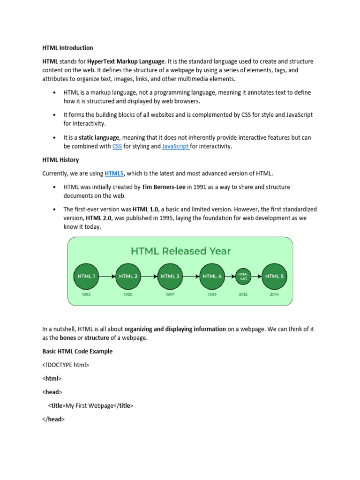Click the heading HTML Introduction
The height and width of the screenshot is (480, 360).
click(x=67, y=48)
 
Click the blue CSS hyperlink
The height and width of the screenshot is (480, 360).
click(x=117, y=147)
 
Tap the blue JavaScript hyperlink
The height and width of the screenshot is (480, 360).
click(x=175, y=147)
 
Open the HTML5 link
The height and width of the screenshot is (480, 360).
click(x=114, y=173)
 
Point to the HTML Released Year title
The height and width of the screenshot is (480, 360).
click(x=180, y=251)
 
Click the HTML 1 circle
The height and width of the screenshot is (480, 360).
click(x=86, y=277)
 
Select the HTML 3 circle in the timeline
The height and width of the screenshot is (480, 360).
click(x=170, y=277)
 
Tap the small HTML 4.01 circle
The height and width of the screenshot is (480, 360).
click(x=243, y=277)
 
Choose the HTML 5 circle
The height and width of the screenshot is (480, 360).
click(x=274, y=277)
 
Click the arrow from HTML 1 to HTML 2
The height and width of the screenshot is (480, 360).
click(x=107, y=277)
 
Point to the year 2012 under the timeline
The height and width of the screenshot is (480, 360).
click(x=243, y=294)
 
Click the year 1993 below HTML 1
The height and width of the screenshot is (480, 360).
click(x=86, y=294)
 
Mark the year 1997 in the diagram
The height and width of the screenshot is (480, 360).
click(x=170, y=294)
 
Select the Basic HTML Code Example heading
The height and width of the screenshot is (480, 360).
click(x=77, y=351)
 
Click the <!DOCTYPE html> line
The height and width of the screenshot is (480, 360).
click(x=66, y=365)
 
